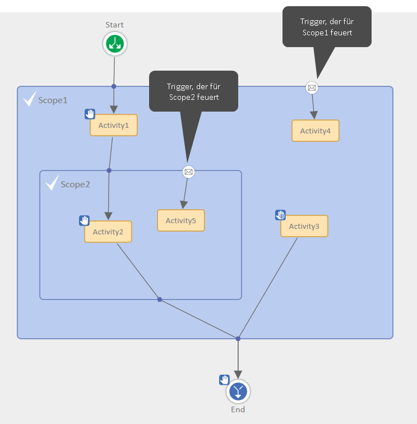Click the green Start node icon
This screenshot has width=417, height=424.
click(115, 44)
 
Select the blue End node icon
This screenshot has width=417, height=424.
click(238, 391)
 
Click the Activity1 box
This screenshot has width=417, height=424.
click(114, 125)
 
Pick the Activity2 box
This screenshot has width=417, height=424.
click(108, 232)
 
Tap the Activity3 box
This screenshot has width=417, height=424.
click(304, 226)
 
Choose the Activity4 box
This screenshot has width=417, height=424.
click(316, 131)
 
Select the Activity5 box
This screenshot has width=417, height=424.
click(181, 220)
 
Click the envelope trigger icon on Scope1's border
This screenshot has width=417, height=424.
click(312, 87)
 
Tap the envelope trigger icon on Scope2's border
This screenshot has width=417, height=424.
click(188, 172)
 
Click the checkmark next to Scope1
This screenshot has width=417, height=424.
click(29, 100)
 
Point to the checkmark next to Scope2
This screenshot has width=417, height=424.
click(52, 183)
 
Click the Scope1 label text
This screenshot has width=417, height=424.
click(53, 100)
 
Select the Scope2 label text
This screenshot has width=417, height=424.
click(75, 184)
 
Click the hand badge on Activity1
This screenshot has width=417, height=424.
click(90, 114)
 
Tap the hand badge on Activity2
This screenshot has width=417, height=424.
click(84, 220)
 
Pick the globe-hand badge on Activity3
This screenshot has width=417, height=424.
click(280, 215)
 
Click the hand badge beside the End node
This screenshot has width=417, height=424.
click(224, 380)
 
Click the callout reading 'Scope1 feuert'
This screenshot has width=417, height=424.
click(327, 26)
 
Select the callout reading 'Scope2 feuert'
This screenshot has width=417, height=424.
click(193, 91)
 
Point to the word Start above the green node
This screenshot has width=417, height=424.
click(115, 25)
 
